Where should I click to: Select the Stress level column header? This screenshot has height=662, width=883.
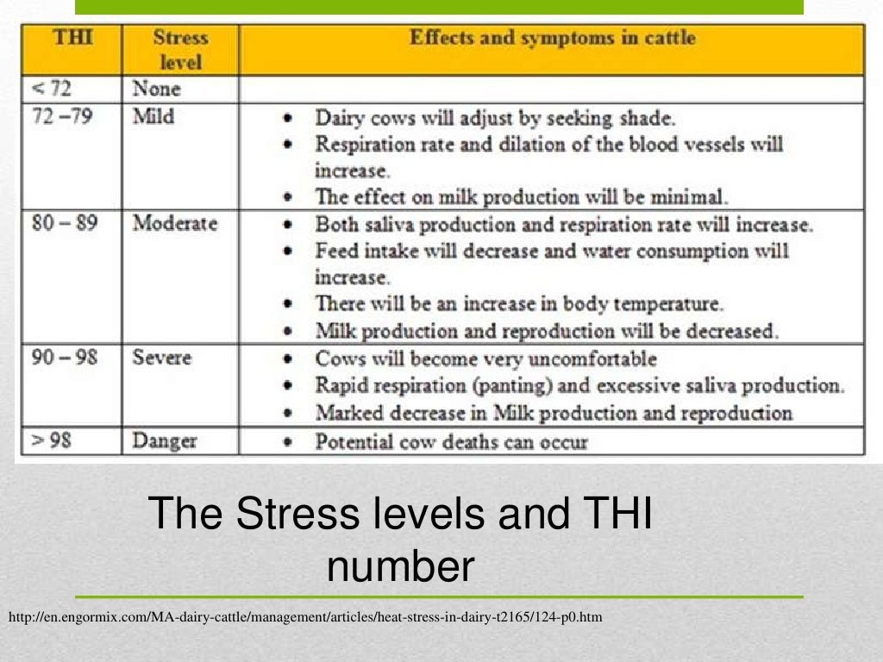180,50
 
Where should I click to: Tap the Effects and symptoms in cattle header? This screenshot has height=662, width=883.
552,38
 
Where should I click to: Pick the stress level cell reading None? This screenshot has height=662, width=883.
156,89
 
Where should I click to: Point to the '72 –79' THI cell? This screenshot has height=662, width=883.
61,116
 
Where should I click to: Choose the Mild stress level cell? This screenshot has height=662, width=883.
153,116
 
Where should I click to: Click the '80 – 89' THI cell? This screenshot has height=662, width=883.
65,223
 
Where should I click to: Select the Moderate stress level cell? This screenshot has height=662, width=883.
174,223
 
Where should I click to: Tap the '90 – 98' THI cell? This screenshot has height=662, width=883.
65,357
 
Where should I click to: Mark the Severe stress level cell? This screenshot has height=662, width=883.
161,357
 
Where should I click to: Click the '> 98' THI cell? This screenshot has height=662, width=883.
53,441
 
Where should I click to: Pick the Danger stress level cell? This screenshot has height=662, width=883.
164,441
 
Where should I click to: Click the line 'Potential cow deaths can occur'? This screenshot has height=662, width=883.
451,443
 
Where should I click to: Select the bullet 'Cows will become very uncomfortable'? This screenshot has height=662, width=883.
485,359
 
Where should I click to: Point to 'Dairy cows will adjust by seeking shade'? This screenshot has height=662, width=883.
496,118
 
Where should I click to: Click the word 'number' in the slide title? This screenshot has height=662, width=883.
401,567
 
